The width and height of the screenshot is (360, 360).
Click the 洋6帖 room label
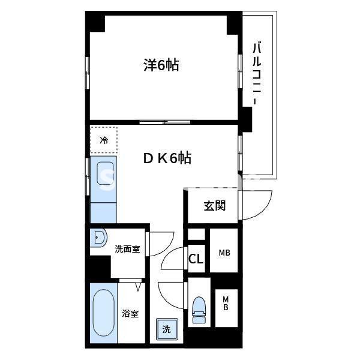point(161,65)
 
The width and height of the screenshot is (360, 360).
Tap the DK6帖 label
point(167,158)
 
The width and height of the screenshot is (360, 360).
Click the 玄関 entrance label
point(214,206)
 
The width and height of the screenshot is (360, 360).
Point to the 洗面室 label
point(127,248)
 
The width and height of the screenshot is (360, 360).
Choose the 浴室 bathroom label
point(130,313)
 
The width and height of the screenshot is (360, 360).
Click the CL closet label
point(196,259)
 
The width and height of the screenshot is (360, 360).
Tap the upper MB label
point(224,253)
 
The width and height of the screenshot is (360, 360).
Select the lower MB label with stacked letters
point(226,304)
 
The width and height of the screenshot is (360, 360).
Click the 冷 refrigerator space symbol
point(104,141)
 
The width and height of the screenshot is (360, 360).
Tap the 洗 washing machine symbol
point(166,329)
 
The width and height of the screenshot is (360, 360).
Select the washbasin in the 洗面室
point(99,239)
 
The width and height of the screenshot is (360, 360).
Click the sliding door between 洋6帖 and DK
point(165,122)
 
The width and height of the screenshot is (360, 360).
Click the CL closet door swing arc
point(175,259)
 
